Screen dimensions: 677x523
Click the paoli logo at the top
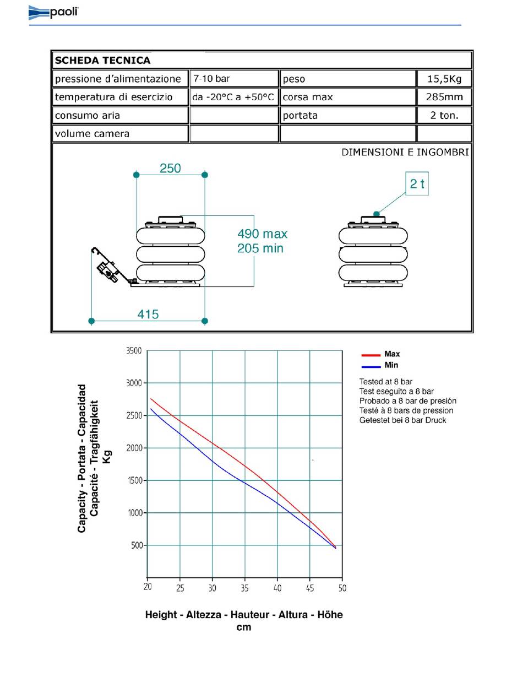click(53, 12)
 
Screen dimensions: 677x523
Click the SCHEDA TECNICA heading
click(102, 61)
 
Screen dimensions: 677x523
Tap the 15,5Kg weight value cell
click(444, 79)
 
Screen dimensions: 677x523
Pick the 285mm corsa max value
click(444, 97)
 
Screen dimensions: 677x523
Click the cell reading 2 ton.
click(444, 116)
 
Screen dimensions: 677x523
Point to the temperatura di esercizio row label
click(113, 97)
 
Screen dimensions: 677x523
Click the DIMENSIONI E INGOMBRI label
click(405, 152)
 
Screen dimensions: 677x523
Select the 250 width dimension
click(170, 169)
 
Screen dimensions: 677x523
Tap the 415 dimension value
click(148, 315)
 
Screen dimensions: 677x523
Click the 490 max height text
click(262, 234)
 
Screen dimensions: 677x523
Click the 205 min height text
click(260, 248)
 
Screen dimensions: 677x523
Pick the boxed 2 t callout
click(417, 184)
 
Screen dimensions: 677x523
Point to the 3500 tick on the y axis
click(134, 351)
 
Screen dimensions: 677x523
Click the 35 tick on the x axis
click(245, 588)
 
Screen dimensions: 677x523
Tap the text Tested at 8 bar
click(385, 381)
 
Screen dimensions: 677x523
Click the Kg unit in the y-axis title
click(107, 457)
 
